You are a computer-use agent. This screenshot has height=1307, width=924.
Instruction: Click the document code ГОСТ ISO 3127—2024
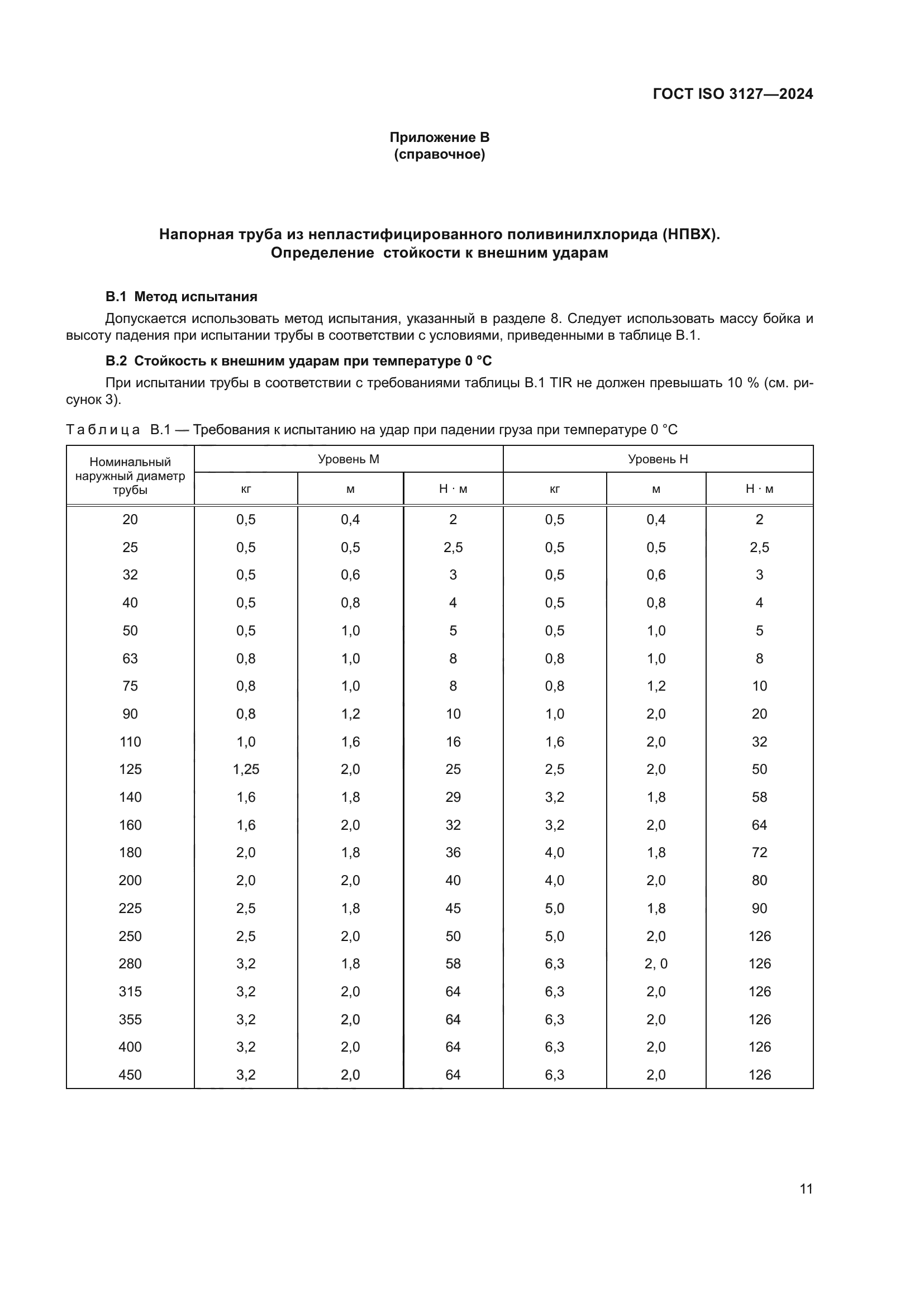[x=732, y=94]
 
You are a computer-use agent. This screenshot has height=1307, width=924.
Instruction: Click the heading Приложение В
[x=439, y=137]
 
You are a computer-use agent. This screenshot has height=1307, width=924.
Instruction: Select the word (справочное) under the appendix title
[x=439, y=155]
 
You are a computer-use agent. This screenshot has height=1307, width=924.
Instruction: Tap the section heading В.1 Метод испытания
[x=181, y=297]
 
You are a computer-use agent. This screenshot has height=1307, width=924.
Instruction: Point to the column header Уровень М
[x=348, y=459]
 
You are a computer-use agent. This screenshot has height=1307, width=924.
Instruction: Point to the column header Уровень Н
[x=658, y=459]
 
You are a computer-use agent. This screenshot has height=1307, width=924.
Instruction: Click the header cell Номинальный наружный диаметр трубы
[x=130, y=476]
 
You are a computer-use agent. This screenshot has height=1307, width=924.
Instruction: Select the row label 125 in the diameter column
[x=130, y=769]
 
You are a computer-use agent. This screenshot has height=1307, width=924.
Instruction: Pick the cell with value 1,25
[x=246, y=769]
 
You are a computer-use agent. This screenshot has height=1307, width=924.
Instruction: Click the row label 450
[x=130, y=1075]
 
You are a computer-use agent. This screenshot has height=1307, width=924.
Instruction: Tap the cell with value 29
[x=453, y=797]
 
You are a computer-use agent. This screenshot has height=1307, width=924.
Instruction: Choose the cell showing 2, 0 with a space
[x=656, y=964]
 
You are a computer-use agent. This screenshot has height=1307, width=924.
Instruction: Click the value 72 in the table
[x=759, y=853]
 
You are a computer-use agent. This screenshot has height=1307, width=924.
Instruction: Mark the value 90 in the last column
[x=759, y=909]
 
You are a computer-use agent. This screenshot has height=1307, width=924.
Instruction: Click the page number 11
[x=806, y=1189]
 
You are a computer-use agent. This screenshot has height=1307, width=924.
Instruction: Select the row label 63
[x=130, y=659]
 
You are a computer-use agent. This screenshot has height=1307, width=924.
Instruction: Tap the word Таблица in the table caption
[x=103, y=430]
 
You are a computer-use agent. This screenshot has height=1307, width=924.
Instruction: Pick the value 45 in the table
[x=453, y=909]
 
